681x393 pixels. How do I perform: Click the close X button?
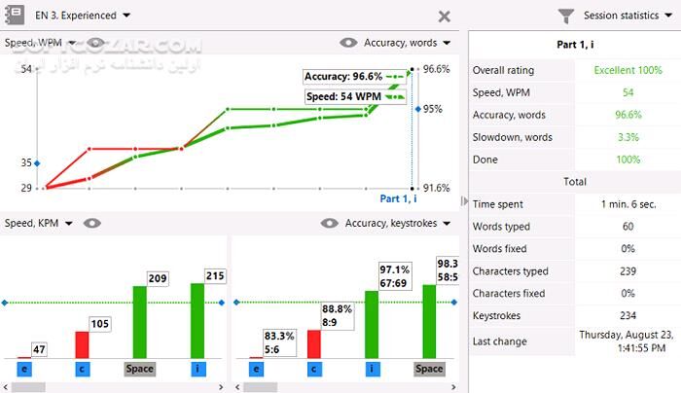click(444, 16)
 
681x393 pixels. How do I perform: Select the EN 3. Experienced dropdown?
click(83, 16)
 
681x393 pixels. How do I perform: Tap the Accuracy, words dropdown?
click(407, 43)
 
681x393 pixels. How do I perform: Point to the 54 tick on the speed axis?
click(26, 69)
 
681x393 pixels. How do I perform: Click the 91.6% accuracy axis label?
click(437, 188)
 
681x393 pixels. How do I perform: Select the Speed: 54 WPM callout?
click(343, 97)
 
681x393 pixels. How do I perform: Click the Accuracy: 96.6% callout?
click(343, 76)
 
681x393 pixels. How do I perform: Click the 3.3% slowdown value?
click(627, 137)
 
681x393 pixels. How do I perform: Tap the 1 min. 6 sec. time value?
click(627, 204)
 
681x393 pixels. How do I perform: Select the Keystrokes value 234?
click(627, 315)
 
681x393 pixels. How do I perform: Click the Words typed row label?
click(503, 227)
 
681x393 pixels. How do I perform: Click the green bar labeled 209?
click(140, 321)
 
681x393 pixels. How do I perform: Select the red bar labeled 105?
click(81, 343)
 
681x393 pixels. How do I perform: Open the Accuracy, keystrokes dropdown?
click(398, 223)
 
